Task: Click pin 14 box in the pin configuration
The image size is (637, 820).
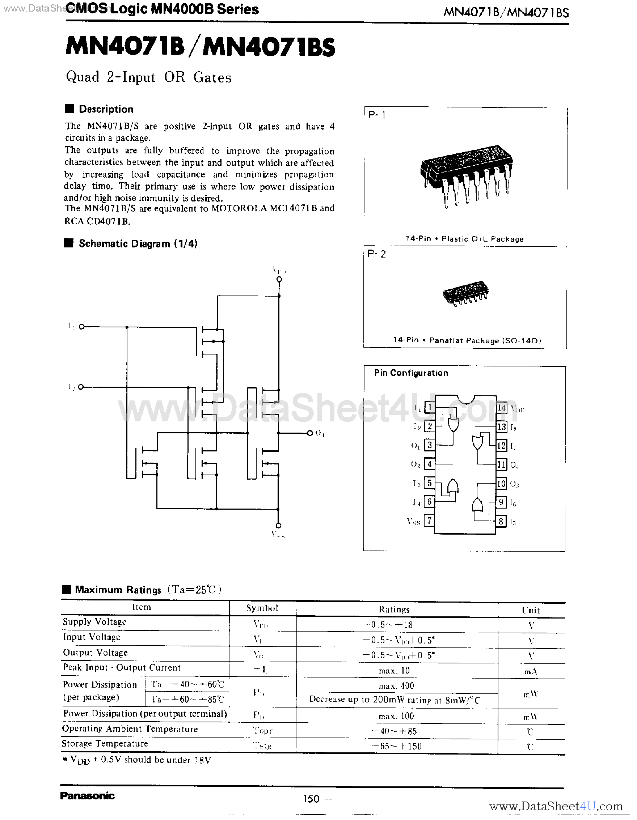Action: click(501, 408)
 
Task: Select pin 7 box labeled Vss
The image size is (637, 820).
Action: click(429, 521)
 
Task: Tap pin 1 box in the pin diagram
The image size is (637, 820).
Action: click(429, 407)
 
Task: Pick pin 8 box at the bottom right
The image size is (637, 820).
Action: click(501, 521)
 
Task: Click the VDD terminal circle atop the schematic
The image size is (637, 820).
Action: click(279, 279)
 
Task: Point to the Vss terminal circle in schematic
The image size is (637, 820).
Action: click(278, 525)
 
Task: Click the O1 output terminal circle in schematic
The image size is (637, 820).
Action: click(310, 433)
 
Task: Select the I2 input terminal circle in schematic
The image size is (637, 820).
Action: click(81, 387)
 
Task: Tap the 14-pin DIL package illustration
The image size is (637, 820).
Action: click(466, 175)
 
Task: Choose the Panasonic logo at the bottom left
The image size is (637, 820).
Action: click(88, 796)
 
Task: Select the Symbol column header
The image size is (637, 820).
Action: click(262, 608)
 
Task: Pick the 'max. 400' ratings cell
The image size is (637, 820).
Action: click(396, 685)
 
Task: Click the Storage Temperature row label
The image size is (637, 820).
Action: click(105, 744)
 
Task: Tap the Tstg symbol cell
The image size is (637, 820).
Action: click(262, 745)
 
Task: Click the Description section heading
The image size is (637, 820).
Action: click(106, 109)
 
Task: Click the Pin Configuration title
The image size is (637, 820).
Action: click(411, 373)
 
